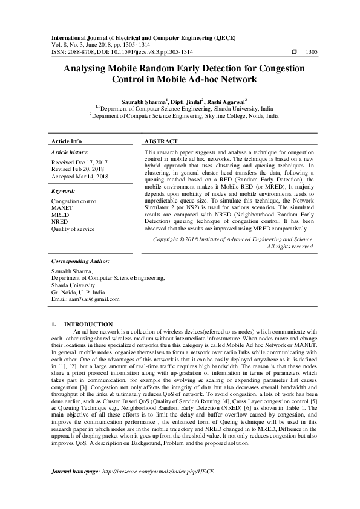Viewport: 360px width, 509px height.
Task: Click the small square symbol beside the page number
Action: coord(294,53)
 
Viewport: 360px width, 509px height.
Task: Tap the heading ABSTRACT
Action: coord(162,141)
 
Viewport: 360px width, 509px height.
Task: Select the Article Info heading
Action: coord(67,141)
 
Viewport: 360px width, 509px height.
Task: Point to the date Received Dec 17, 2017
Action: coord(79,163)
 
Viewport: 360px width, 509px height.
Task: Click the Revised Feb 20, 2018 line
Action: coord(78,170)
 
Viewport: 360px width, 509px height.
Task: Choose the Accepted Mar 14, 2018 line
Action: coord(80,177)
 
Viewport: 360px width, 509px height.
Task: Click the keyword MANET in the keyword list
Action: coord(61,207)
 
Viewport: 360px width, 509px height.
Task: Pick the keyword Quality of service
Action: coord(73,229)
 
